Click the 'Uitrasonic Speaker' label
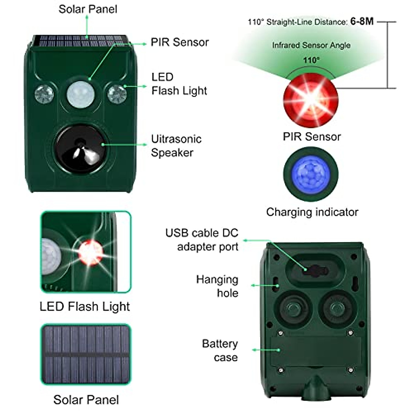[176, 146]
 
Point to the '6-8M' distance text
[362, 21]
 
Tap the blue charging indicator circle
[310, 174]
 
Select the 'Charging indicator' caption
[312, 212]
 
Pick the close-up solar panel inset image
[86, 354]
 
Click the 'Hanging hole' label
[217, 286]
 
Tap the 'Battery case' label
[220, 350]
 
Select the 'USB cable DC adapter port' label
[202, 240]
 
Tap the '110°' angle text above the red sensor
[311, 61]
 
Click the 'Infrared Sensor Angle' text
[311, 45]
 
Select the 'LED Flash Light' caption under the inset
[85, 306]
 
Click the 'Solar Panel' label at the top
[88, 9]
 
